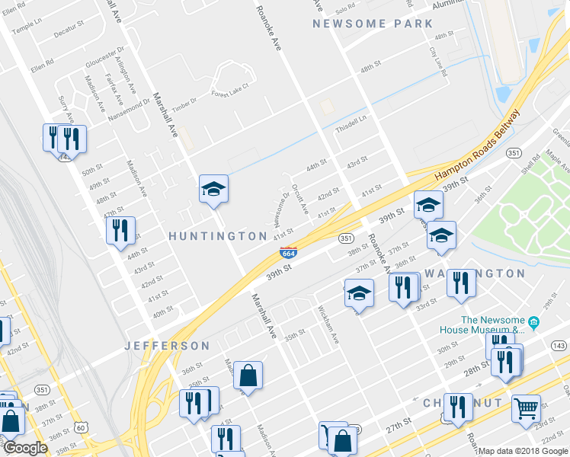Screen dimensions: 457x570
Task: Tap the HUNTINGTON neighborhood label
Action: [x=218, y=236]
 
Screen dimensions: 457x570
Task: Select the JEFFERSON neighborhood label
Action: [x=168, y=346]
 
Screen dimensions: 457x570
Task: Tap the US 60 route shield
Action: [x=81, y=427]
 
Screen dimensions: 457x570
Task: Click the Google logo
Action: [x=25, y=448]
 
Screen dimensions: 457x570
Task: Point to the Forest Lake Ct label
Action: [x=230, y=90]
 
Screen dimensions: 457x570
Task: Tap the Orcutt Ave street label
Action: [x=300, y=197]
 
